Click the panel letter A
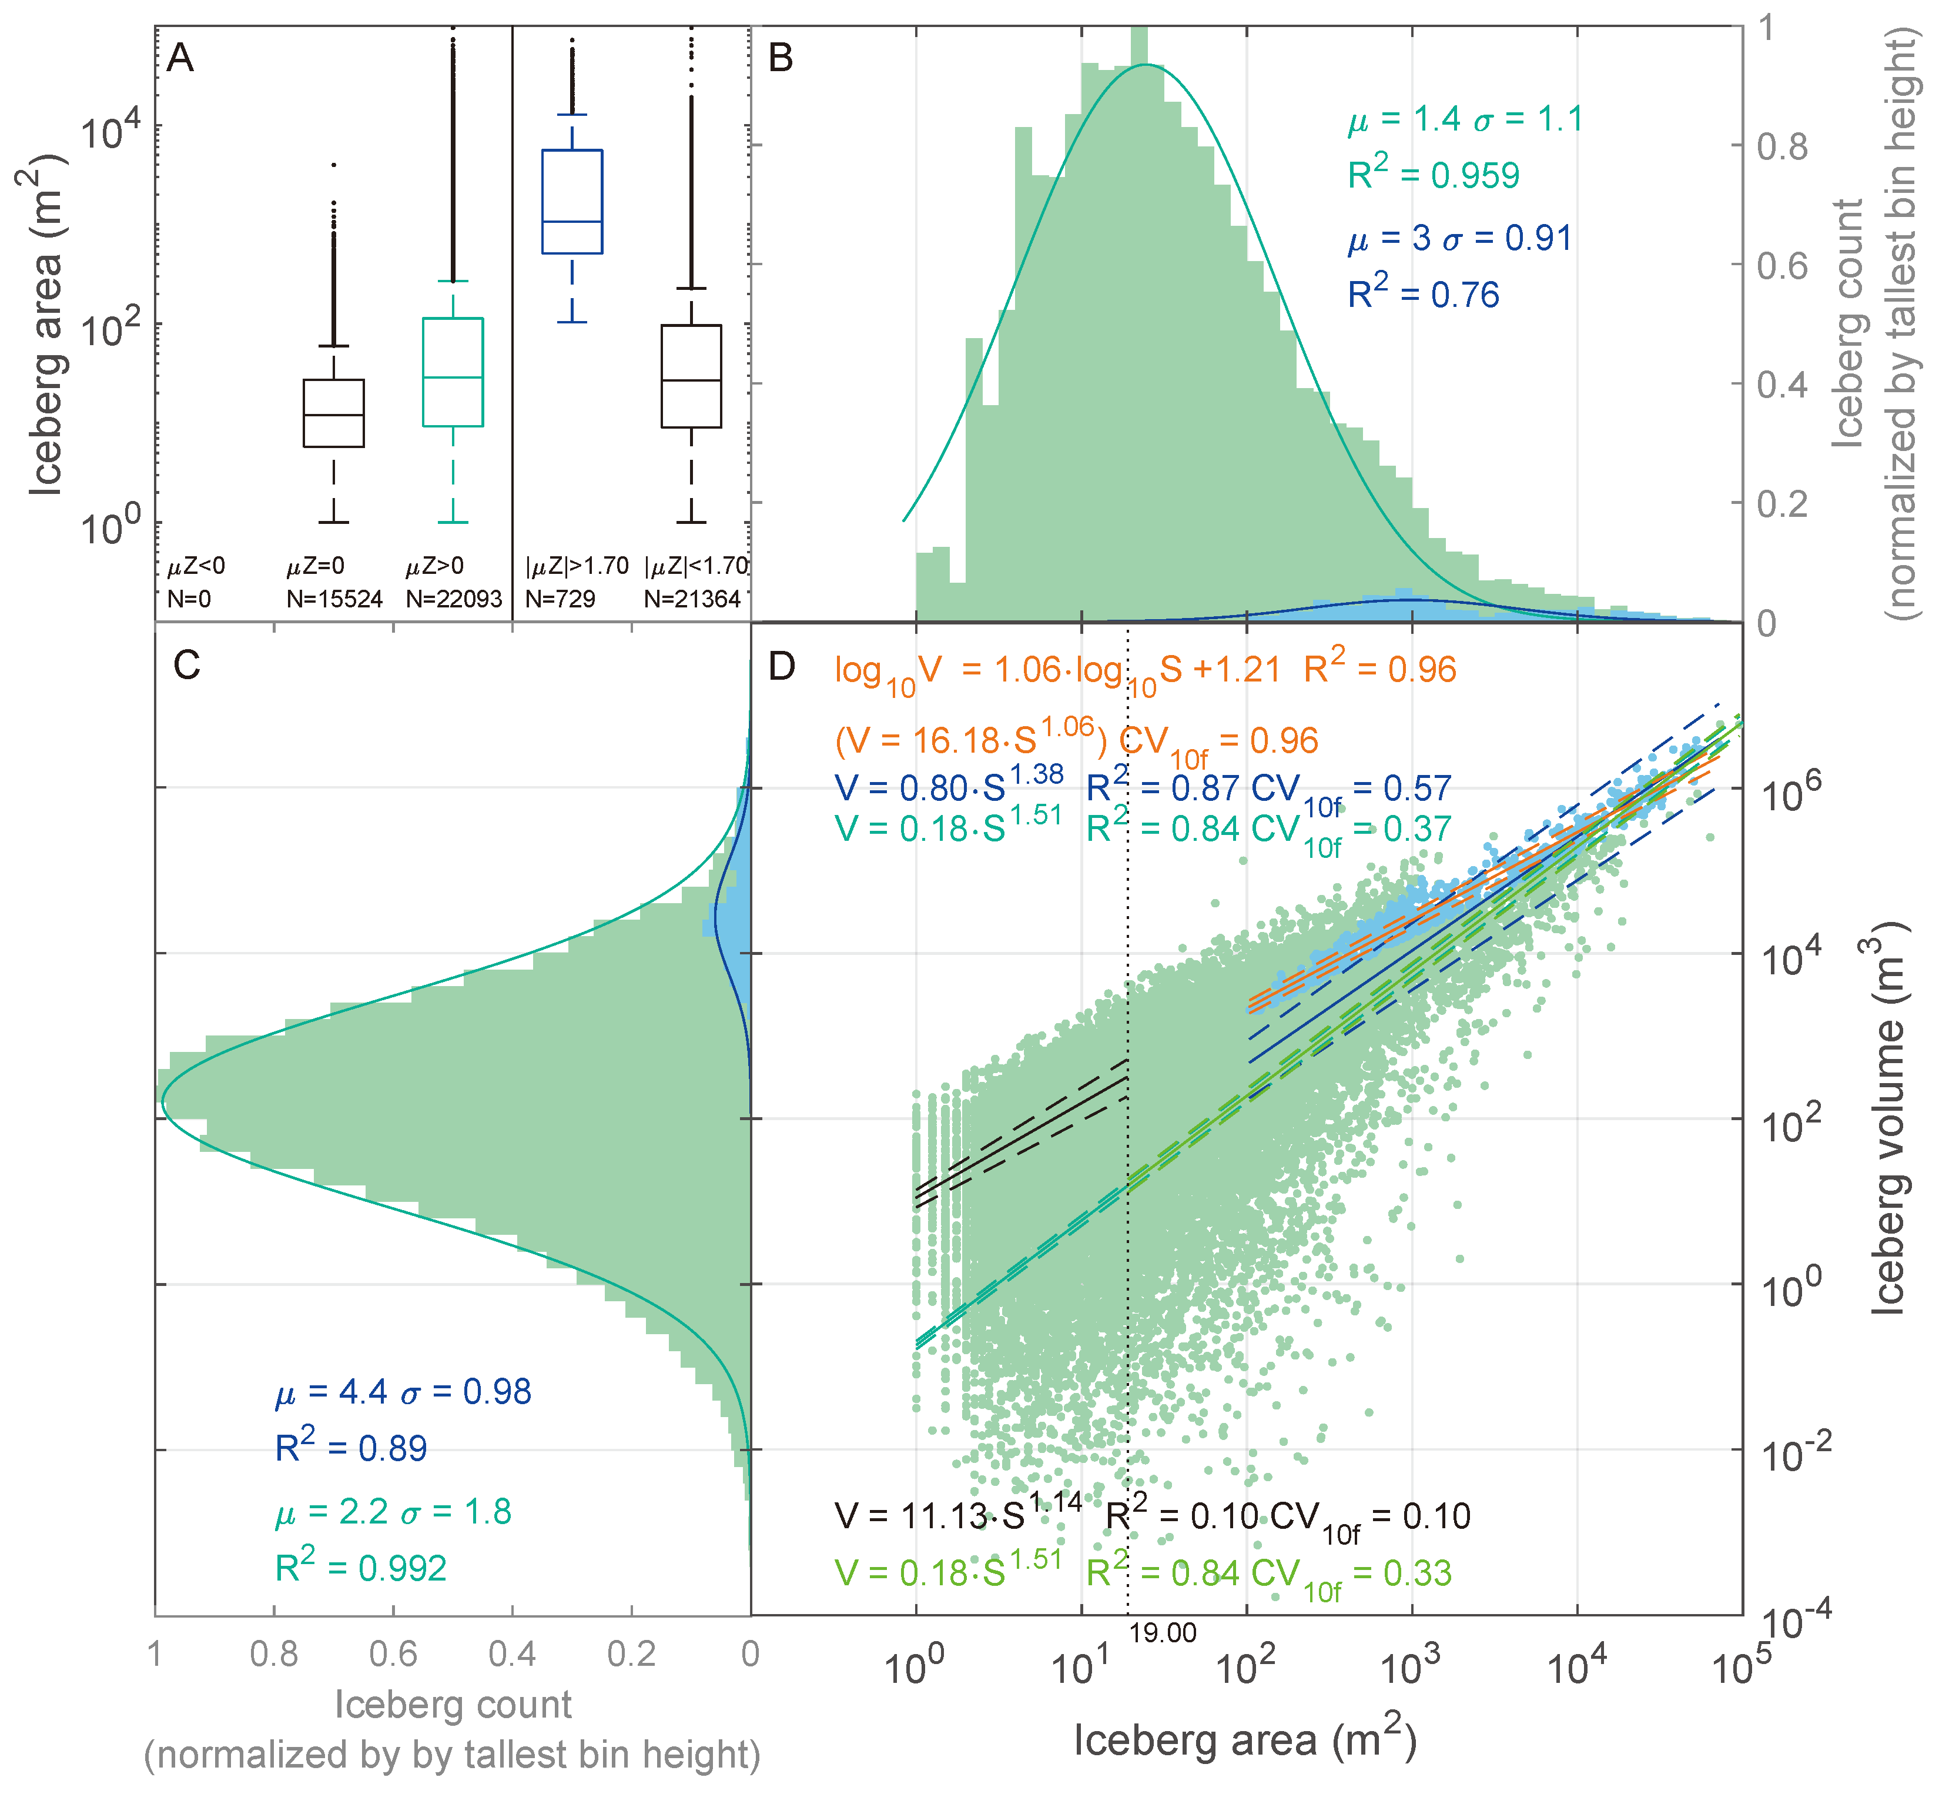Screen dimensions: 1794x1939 [x=180, y=59]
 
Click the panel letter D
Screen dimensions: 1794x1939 [x=781, y=666]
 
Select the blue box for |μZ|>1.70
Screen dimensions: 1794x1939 [x=572, y=201]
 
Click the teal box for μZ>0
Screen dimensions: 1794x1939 [x=453, y=372]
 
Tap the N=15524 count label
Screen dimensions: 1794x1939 [x=334, y=599]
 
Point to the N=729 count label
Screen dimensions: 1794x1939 [x=560, y=599]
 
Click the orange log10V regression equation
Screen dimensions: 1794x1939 [x=1145, y=670]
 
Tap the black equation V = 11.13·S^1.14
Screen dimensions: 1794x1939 [x=958, y=1515]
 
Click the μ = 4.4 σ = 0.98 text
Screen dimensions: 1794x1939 [x=403, y=1391]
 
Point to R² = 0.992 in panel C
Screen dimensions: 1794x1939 [x=360, y=1568]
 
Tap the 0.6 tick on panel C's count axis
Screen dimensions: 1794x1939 [x=393, y=1653]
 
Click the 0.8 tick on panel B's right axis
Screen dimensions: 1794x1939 [x=1782, y=146]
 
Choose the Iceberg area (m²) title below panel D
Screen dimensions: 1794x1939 [x=1244, y=1739]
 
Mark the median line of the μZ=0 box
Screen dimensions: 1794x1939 [x=334, y=415]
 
